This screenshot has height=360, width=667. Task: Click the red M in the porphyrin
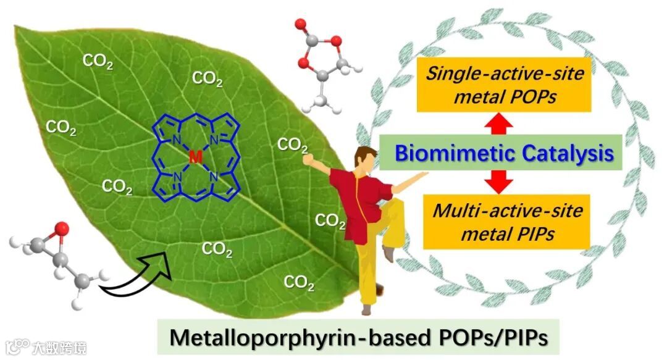click(195, 157)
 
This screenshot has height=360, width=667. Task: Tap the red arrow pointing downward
click(500, 181)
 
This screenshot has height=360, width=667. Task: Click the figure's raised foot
click(388, 253)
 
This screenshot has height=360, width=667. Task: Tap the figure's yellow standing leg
click(369, 272)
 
